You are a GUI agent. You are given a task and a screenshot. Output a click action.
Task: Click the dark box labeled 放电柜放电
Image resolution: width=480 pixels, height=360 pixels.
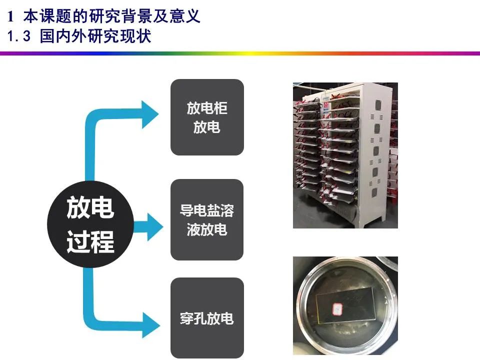[x=207, y=117]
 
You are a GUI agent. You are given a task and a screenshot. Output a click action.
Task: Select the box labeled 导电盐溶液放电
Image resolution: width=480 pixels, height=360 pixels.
[x=207, y=219]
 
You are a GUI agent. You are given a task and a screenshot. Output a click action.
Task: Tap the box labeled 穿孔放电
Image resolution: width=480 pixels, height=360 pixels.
[x=207, y=318]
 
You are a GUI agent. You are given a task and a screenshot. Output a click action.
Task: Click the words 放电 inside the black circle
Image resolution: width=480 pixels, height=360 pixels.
[x=90, y=207]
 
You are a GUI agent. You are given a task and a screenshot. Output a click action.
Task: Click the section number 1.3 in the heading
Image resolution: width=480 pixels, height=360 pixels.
[x=20, y=36]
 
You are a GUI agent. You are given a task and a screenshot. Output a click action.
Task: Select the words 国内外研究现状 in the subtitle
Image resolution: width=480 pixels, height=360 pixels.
[x=95, y=36]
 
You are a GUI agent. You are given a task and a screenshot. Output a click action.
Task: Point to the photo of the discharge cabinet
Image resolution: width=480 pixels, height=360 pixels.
[x=345, y=155]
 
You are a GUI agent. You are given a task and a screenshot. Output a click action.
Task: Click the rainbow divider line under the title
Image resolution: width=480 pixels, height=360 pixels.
[x=240, y=53]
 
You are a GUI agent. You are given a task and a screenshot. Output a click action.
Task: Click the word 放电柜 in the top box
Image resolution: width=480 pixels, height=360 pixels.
[x=207, y=108]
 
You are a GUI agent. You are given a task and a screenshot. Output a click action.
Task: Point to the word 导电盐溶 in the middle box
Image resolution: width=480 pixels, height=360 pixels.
[x=207, y=210]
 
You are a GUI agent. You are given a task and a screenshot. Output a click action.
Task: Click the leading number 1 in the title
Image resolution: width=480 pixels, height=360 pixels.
[x=10, y=17]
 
